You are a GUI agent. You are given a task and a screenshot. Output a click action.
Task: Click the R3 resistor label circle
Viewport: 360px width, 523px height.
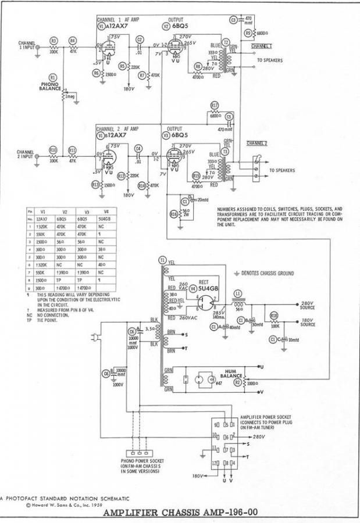pos(54,40)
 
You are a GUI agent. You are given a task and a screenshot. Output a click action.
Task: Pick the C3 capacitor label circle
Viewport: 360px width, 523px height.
pos(233,20)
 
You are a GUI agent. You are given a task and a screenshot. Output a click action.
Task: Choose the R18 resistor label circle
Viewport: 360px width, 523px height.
pos(275,315)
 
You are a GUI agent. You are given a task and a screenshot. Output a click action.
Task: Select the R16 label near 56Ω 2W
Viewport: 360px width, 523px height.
pos(173,214)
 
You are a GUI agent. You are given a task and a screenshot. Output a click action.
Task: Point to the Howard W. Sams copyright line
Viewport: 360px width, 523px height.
pos(58,506)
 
